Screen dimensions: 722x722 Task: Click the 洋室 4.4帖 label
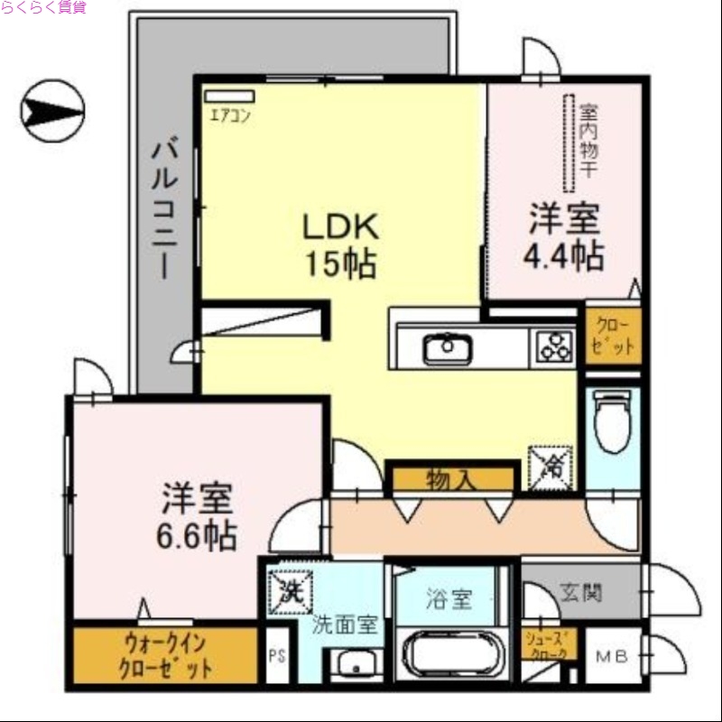(565, 237)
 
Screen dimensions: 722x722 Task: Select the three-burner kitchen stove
(554, 347)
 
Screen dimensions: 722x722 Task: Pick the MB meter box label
(607, 656)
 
